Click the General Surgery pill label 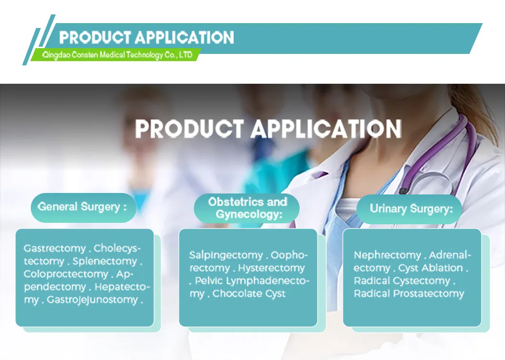click(x=82, y=207)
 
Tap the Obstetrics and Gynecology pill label click(x=247, y=208)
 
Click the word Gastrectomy click(x=54, y=249)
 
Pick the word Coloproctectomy click(x=66, y=274)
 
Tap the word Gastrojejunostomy click(x=92, y=300)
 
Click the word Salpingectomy click(x=226, y=255)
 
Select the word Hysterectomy click(x=271, y=268)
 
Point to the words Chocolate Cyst click(x=249, y=294)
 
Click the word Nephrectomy click(x=387, y=255)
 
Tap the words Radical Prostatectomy click(x=409, y=294)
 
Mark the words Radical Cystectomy click(x=402, y=281)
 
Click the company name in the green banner click(x=117, y=55)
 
